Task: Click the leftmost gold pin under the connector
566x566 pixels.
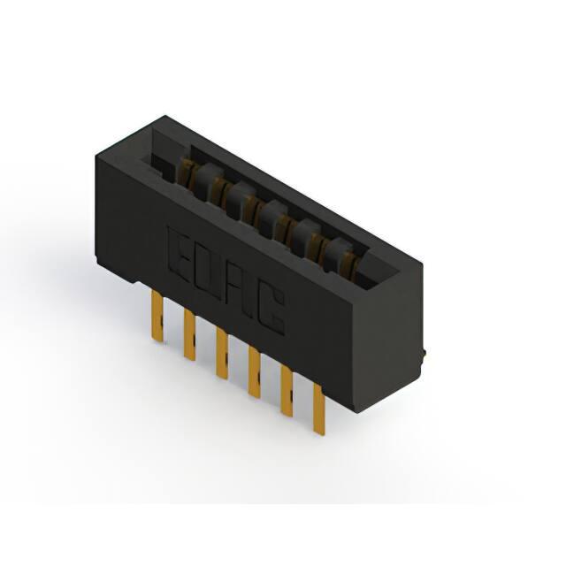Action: [157, 317]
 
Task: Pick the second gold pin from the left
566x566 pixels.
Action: [189, 334]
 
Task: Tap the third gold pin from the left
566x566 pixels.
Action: [222, 353]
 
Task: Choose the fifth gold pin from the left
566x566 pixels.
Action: [287, 391]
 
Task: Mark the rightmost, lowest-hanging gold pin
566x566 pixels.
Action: [318, 409]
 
